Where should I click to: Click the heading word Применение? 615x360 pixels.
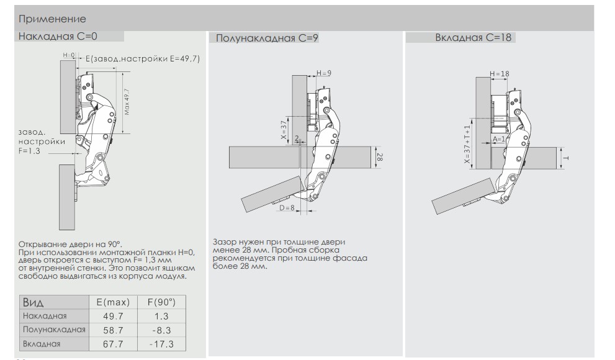52,20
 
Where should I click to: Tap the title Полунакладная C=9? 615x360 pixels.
267,38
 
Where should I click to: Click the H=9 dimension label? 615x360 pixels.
324,73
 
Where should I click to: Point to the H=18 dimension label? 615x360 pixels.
500,74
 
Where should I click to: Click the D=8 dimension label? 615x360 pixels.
286,209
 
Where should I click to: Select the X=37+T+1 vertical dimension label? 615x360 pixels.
467,144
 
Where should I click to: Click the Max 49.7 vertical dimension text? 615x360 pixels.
127,101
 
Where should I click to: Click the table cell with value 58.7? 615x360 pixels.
112,330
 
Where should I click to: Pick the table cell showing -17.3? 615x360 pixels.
161,343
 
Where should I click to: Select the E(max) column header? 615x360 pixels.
112,302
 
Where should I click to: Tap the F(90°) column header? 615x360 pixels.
161,302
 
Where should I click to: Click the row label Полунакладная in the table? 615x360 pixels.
53,330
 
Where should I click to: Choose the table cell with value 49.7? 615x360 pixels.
112,317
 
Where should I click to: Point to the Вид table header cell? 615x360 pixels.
34,302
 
